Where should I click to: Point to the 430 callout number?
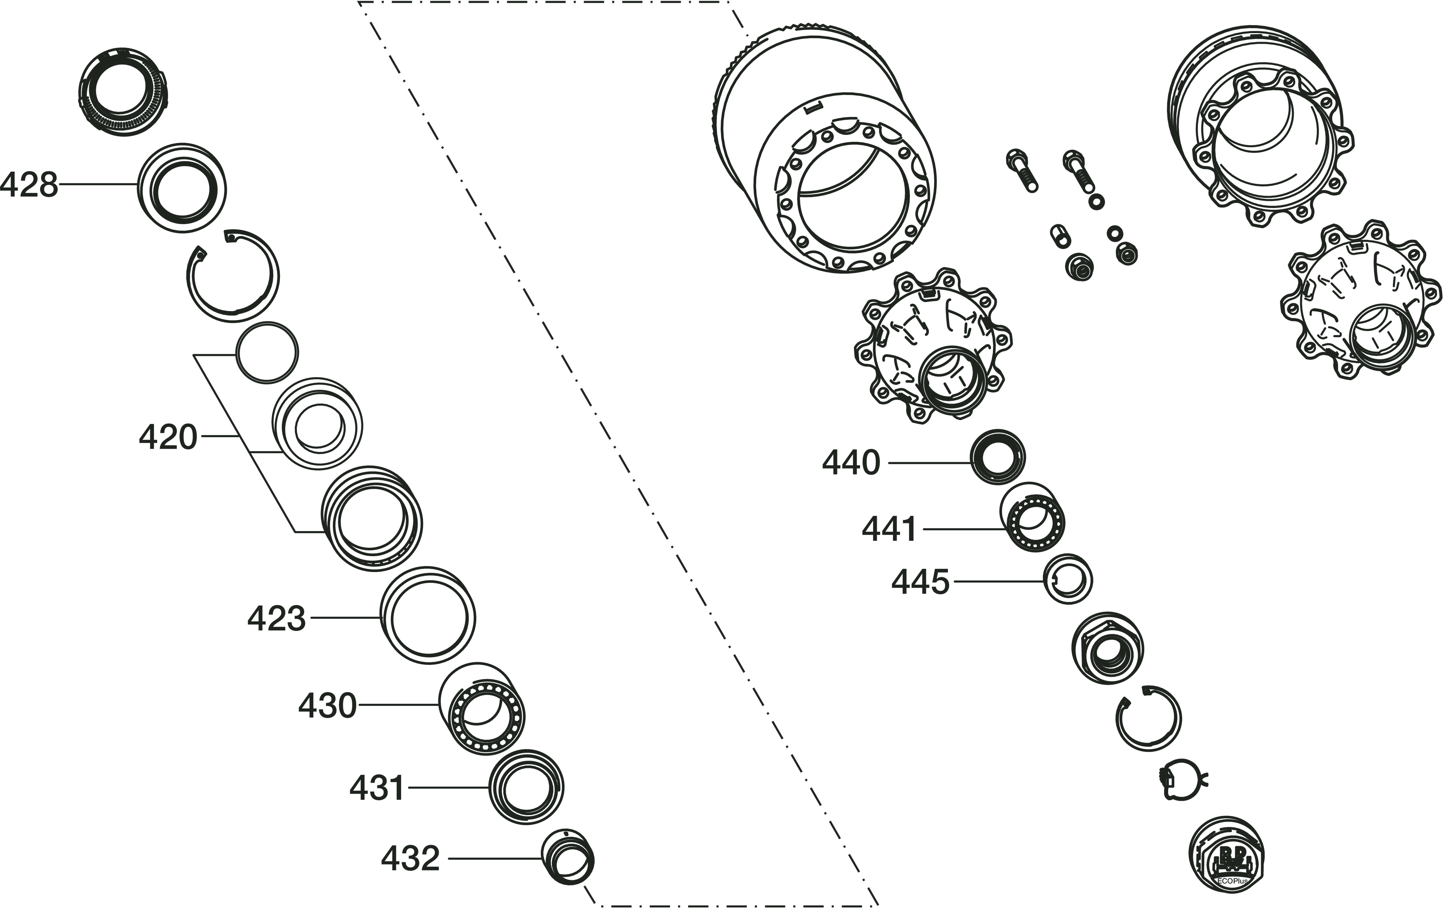pos(327,706)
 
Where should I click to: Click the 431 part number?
pos(377,788)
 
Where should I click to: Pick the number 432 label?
pos(410,859)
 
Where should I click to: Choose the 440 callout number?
pos(851,463)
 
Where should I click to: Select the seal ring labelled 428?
pos(182,188)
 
